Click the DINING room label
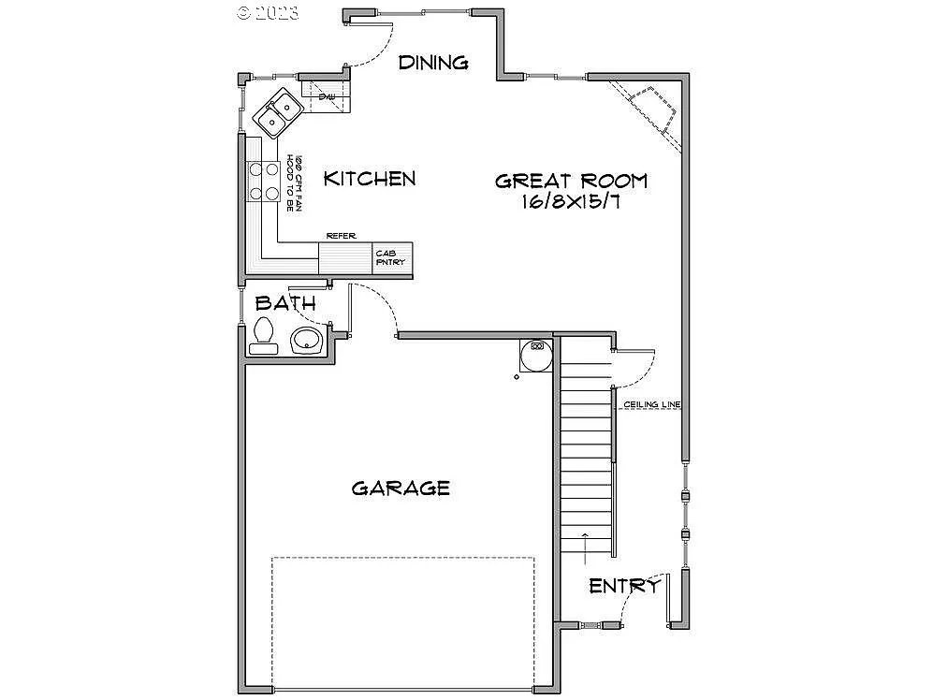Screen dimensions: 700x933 [432, 63]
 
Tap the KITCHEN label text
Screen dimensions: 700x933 [370, 178]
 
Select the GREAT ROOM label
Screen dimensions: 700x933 [571, 181]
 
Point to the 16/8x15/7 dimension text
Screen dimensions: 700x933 [571, 203]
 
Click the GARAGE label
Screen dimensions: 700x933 [401, 488]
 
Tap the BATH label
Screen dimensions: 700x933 [285, 304]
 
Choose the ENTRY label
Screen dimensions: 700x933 [624, 586]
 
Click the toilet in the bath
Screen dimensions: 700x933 [263, 336]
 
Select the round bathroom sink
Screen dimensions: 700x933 [306, 341]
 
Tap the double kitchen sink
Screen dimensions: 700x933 [277, 111]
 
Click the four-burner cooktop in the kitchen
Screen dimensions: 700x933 [263, 182]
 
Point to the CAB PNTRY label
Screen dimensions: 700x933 [391, 257]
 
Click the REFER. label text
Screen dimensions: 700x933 [341, 236]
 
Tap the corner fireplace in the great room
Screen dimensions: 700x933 [650, 108]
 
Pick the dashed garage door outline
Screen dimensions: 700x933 [402, 559]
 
